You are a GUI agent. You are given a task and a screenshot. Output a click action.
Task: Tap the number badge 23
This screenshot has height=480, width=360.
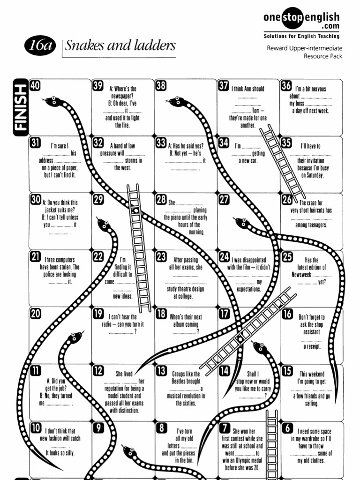click(161, 256)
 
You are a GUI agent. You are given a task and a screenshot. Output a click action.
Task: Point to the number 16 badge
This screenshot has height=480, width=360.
click(287, 314)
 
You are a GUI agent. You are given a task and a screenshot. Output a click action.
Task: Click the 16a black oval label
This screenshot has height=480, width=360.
click(40, 45)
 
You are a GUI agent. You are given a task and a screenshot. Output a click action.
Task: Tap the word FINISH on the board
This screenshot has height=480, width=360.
click(21, 107)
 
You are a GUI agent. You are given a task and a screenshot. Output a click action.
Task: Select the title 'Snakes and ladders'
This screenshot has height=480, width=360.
click(120, 45)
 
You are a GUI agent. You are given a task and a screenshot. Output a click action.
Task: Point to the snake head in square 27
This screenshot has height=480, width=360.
click(242, 222)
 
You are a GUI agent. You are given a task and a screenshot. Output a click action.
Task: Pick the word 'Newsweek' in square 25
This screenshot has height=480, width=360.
click(301, 275)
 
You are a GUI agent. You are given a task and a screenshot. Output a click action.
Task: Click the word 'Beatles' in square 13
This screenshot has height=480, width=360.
click(186, 381)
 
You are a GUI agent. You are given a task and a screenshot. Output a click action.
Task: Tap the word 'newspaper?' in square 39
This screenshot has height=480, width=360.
click(122, 96)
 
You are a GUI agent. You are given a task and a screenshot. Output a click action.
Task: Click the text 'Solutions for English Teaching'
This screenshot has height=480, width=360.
click(301, 36)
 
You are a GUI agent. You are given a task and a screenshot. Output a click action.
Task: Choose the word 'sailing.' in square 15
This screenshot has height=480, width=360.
click(311, 404)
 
